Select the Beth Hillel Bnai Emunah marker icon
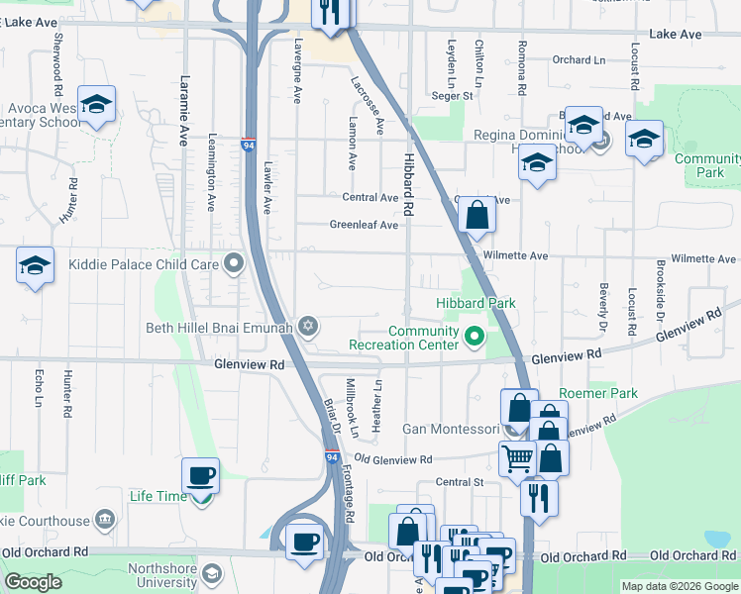tap(308, 326)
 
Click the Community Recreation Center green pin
tap(475, 338)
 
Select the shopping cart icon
tap(517, 459)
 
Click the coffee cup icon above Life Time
tap(201, 475)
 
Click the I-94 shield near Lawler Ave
tap(249, 145)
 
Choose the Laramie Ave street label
tap(183, 111)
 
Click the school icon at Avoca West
tap(97, 104)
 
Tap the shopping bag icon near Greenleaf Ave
tap(476, 214)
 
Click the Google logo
tap(33, 582)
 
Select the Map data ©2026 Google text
tap(679, 586)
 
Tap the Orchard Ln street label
tap(579, 59)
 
